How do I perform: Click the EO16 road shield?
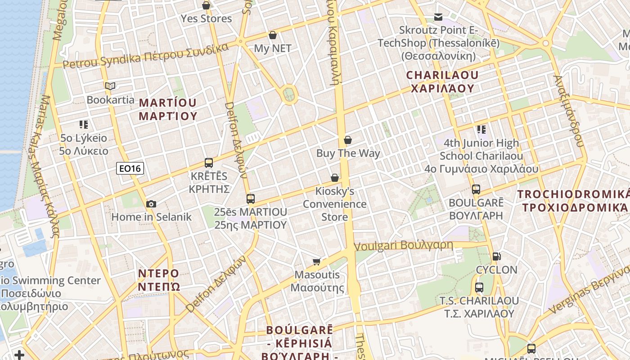[x=130, y=168]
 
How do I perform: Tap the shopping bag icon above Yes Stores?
[x=206, y=5]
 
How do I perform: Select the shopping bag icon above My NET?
[x=272, y=35]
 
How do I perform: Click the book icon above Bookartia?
[x=110, y=86]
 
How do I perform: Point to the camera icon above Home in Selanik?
[x=151, y=204]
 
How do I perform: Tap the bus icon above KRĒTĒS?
[x=209, y=163]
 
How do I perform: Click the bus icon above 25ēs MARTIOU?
[x=251, y=198]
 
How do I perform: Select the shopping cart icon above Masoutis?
[x=317, y=261]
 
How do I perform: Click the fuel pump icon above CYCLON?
[x=497, y=256]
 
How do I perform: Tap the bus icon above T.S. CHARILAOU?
[x=479, y=287]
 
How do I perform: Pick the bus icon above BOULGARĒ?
[x=476, y=189]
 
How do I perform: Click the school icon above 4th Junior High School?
[x=481, y=130]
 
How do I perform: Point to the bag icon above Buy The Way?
[x=347, y=140]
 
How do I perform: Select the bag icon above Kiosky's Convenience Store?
[x=334, y=178]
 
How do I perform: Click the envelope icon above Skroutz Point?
[x=438, y=17]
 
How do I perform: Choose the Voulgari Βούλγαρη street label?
[x=403, y=246]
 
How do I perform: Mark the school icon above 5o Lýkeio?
[x=83, y=125]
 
